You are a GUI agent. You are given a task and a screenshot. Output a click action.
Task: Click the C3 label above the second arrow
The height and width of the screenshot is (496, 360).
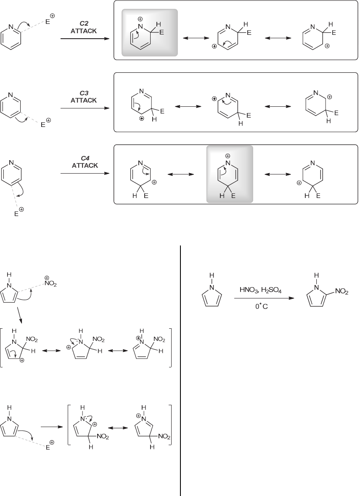point(84,93)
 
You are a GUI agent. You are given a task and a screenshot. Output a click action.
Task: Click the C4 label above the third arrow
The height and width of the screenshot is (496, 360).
point(84,158)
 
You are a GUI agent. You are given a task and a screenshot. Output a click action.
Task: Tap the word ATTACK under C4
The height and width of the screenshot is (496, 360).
point(84,166)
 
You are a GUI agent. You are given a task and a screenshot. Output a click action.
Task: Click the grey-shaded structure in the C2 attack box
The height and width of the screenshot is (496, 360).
point(150,33)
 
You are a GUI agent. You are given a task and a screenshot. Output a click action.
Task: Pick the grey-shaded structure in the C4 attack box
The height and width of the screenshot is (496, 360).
point(230,174)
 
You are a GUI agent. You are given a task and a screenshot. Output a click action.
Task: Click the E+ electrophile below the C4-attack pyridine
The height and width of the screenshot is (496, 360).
point(19,212)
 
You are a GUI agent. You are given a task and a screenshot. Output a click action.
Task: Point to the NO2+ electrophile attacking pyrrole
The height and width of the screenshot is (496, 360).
point(50,282)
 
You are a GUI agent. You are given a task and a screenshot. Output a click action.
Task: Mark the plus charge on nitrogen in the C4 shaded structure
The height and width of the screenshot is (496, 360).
point(228,156)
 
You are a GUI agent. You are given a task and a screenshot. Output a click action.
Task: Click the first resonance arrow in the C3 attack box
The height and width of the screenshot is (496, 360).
point(188,107)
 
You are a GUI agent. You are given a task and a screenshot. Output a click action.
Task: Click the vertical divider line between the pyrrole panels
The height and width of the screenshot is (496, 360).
point(180,370)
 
